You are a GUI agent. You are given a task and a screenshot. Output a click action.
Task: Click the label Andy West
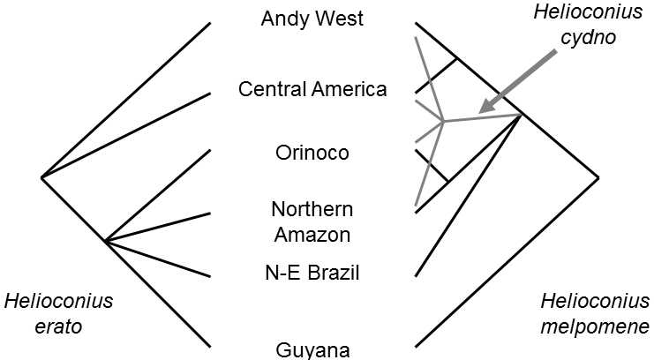point(312,19)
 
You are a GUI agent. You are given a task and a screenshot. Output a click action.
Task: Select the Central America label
point(312,89)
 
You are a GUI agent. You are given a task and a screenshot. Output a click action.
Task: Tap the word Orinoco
point(312,153)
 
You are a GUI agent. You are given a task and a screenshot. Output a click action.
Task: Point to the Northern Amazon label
point(312,221)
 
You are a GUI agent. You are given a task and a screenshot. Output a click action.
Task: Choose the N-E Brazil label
point(312,273)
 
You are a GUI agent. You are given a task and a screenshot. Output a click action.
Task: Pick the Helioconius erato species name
point(59,313)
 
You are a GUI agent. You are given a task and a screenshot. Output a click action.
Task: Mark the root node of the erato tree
point(41,177)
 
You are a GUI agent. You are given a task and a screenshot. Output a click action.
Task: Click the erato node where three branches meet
point(105,241)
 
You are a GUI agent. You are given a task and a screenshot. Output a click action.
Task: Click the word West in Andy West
point(340,19)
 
